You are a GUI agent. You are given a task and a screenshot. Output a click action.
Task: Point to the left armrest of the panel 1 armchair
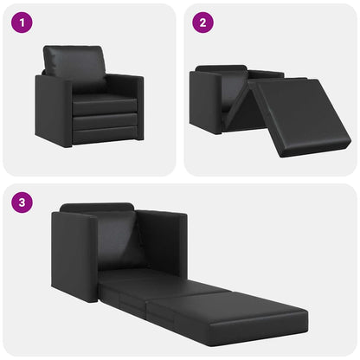coord(52,108)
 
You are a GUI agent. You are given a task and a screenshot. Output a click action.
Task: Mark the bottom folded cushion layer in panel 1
coord(104,133)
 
